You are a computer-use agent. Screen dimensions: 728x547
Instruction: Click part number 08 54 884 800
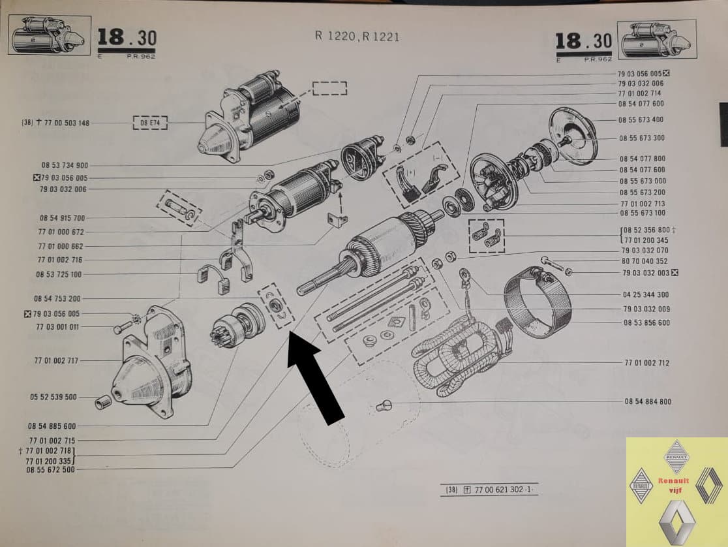click(648, 401)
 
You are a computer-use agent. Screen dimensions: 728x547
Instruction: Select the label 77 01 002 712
click(646, 363)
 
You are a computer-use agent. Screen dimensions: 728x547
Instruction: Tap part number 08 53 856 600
click(646, 322)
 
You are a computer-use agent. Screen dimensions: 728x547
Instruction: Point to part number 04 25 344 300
click(646, 294)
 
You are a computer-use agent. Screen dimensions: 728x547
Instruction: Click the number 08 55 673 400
click(641, 120)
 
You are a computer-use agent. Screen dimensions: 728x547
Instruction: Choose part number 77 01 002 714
click(639, 93)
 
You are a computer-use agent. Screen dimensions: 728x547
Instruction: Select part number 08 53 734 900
click(65, 165)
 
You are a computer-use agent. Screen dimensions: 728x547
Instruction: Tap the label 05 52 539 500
click(53, 397)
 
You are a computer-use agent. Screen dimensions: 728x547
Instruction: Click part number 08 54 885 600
click(52, 426)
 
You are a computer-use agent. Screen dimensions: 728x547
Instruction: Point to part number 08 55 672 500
click(50, 470)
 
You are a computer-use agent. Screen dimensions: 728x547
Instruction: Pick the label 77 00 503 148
click(67, 123)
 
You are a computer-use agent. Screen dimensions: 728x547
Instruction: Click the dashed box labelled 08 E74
click(150, 123)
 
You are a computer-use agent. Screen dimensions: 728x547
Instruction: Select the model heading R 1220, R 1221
click(357, 37)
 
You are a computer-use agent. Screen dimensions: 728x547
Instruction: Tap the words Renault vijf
click(673, 485)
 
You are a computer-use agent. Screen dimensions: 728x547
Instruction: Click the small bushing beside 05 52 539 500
click(103, 402)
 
